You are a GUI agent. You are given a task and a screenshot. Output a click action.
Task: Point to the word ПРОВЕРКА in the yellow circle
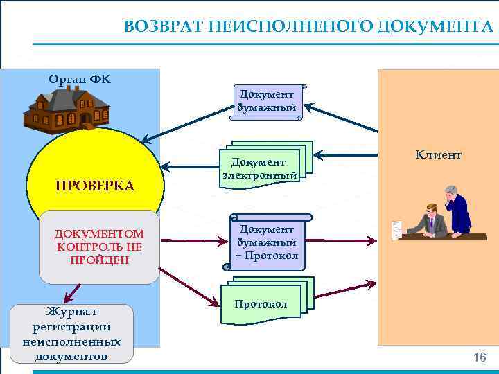[x=95, y=186]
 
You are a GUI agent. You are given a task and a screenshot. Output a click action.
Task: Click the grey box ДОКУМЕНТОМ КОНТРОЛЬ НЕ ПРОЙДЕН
[x=99, y=247]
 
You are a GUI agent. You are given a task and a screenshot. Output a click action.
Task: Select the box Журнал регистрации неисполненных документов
[x=71, y=334]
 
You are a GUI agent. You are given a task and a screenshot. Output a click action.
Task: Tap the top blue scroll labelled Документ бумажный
[x=267, y=101]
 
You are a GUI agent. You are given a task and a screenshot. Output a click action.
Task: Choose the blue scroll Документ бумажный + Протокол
[x=267, y=242]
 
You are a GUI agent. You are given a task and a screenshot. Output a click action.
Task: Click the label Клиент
[x=438, y=155]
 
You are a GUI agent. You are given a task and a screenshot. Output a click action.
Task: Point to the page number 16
[x=479, y=357]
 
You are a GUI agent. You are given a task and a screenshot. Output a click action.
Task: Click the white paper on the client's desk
[x=397, y=229]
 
